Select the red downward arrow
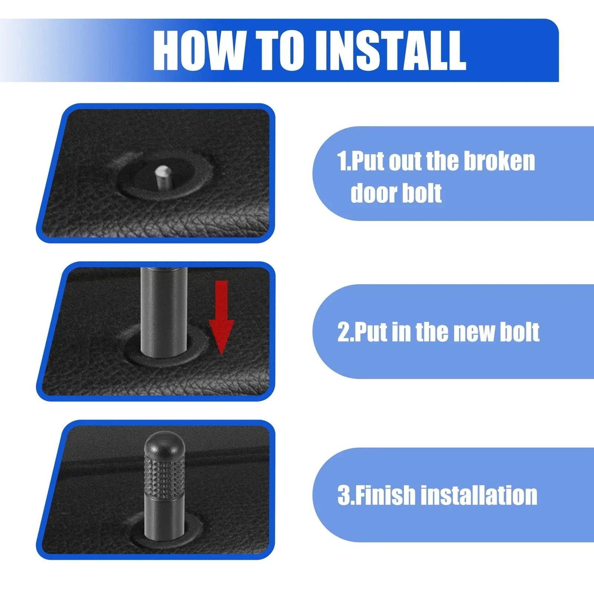[221, 318]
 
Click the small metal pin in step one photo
[161, 177]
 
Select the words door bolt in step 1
[396, 193]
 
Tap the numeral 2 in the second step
[343, 332]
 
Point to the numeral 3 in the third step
[343, 495]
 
